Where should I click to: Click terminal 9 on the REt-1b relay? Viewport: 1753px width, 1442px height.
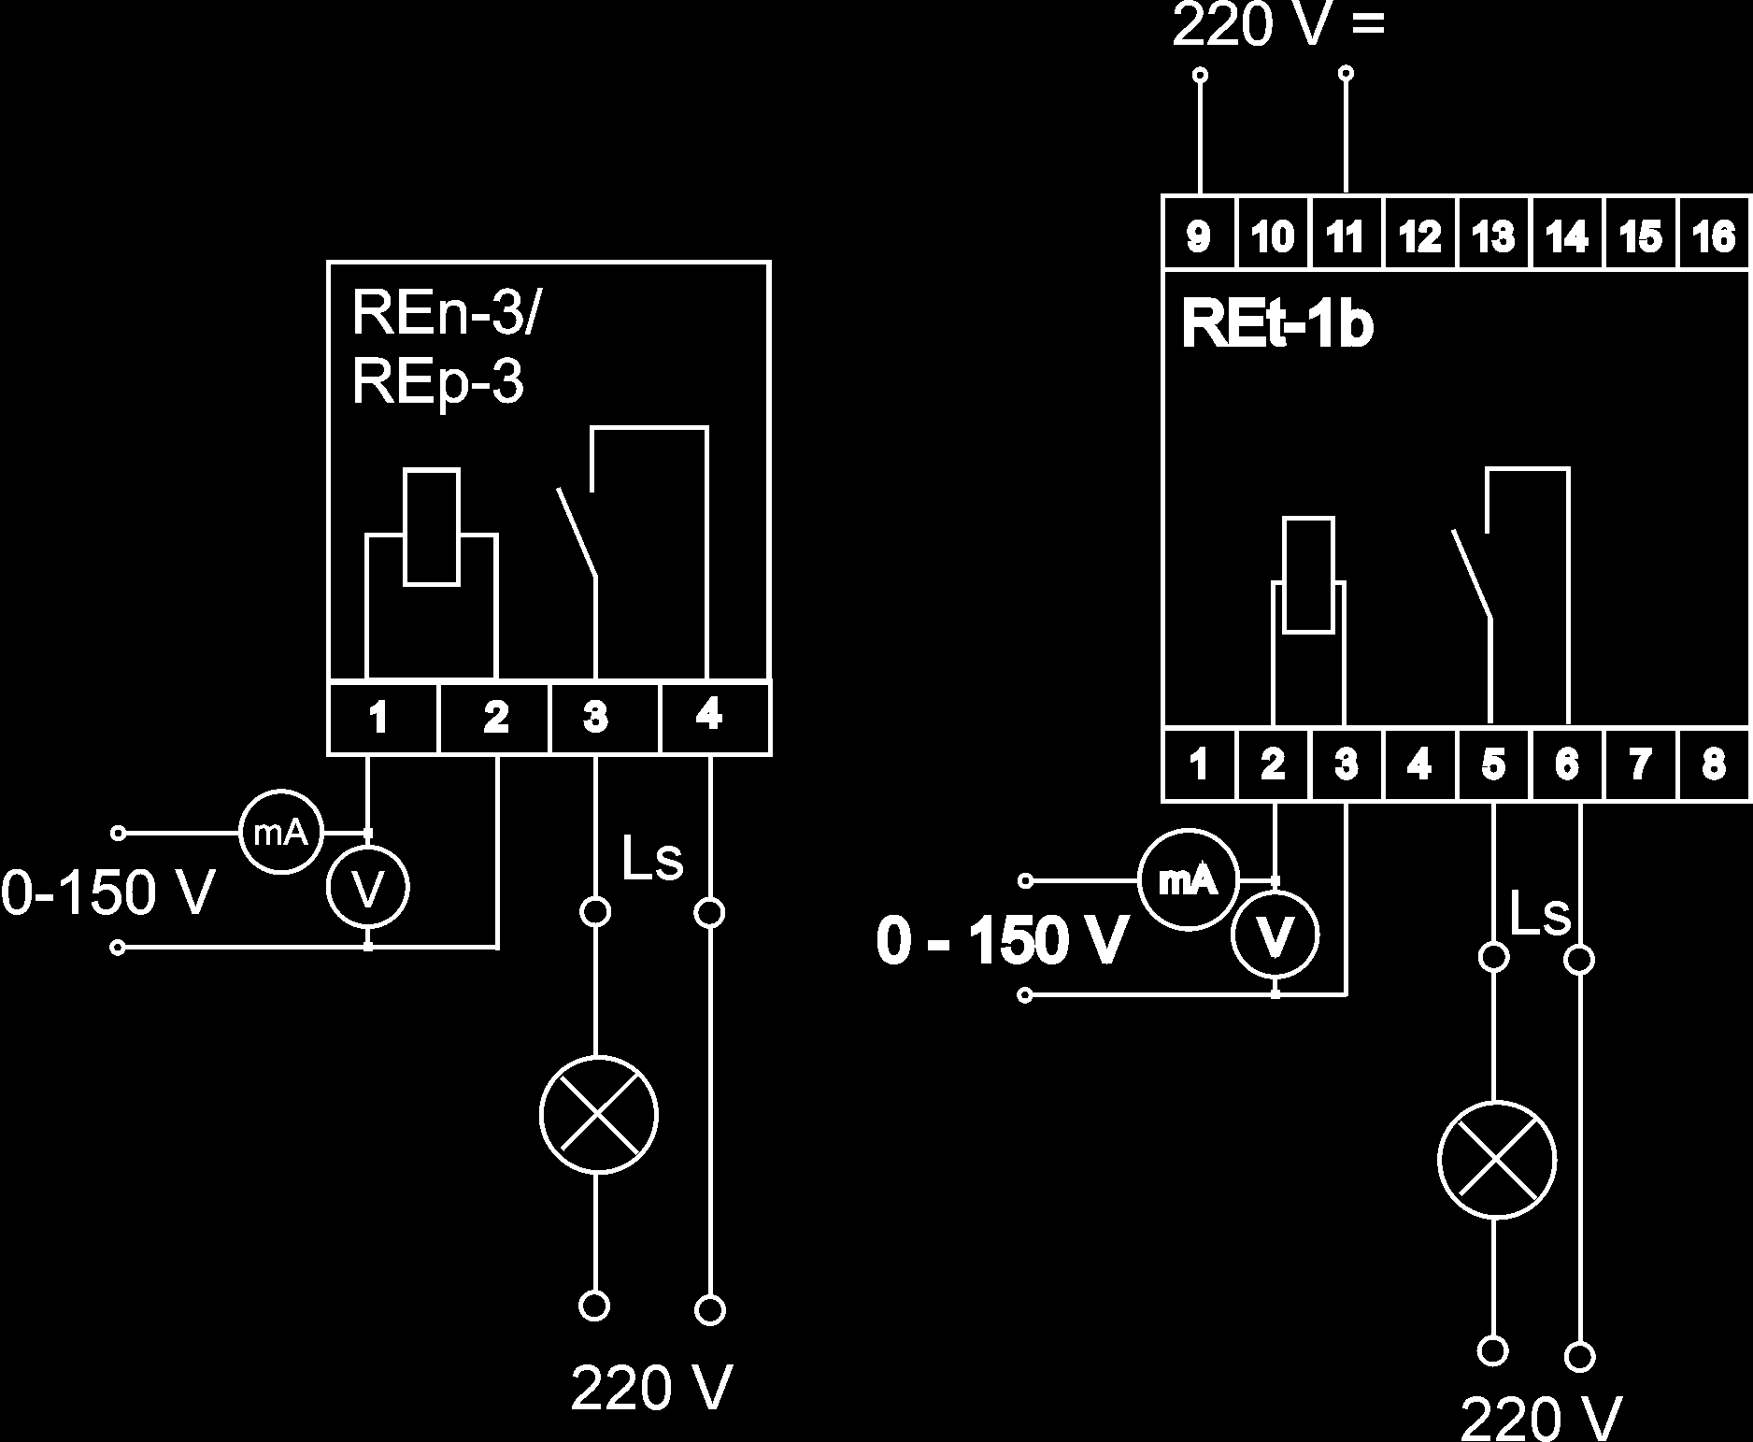coord(1199,235)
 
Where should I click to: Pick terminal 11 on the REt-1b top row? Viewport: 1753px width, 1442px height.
coord(1346,235)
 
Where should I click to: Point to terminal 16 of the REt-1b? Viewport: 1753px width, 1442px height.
coord(1715,235)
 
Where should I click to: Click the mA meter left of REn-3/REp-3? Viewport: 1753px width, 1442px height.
coord(281,833)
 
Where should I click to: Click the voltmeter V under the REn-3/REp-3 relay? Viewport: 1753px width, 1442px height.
coord(368,889)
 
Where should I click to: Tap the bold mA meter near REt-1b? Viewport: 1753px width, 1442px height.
coord(1188,879)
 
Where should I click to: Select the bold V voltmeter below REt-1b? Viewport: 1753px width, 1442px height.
coord(1276,935)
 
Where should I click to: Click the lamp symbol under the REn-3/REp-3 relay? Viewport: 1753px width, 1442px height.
coord(599,1114)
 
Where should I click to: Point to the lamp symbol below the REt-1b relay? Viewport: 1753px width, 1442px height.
coord(1497,1161)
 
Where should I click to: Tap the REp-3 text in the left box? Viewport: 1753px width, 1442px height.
coord(437,382)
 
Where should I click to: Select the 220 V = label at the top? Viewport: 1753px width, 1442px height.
coord(1278,25)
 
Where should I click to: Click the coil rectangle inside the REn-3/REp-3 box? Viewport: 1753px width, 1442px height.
coord(431,528)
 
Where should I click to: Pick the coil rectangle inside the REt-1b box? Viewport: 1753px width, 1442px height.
coord(1309,575)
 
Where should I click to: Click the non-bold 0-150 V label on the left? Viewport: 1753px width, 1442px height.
coord(107,892)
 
